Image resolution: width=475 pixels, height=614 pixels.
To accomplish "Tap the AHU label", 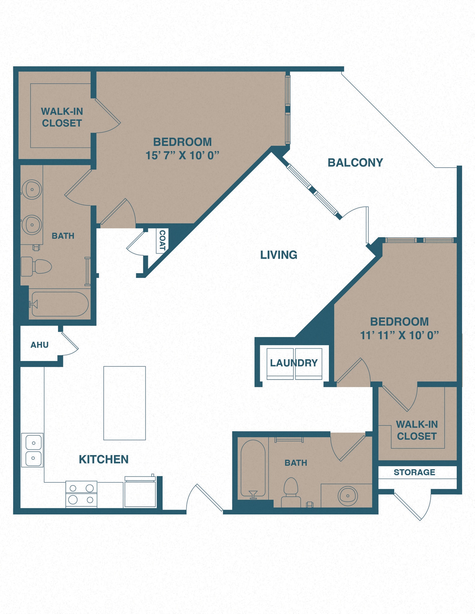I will [39, 345].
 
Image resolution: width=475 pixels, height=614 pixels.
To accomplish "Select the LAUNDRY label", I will [294, 363].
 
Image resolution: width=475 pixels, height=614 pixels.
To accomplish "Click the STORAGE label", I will [414, 472].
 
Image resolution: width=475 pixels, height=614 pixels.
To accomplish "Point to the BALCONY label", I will [355, 162].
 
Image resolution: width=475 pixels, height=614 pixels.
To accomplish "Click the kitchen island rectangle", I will [125, 403].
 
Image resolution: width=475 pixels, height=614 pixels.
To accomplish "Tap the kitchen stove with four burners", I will [81, 494].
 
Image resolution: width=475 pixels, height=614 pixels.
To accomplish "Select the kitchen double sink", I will [32, 450].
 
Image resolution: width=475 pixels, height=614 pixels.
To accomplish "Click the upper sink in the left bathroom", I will [32, 189].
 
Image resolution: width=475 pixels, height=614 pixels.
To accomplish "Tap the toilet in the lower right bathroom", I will [290, 492].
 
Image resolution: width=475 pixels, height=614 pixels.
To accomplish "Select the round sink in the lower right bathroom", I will [347, 496].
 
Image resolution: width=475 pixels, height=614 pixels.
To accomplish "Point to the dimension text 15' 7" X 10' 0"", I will [182, 156].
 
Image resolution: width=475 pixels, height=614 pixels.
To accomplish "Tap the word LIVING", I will [278, 255].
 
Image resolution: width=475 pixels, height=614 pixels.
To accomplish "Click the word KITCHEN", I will [104, 459].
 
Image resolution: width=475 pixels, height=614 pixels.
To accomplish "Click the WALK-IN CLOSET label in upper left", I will [62, 117].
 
